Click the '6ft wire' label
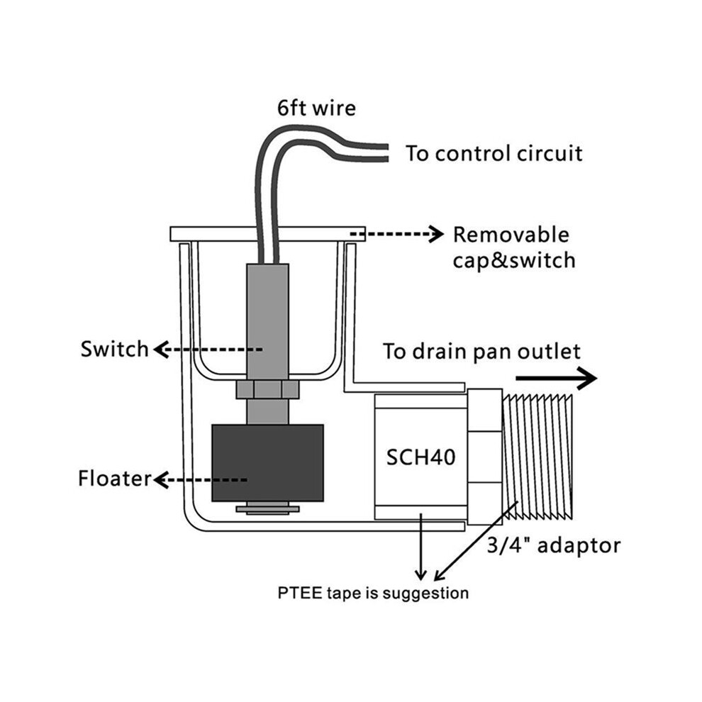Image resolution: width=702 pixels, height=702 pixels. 316,108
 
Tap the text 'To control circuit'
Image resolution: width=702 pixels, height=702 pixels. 494,153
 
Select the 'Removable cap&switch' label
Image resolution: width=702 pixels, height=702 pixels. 513,247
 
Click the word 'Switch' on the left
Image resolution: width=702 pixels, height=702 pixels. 114,349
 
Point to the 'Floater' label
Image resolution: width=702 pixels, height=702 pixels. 115,479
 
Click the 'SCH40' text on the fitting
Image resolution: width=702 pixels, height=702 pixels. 420,457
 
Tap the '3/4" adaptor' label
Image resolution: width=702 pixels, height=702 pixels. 554,546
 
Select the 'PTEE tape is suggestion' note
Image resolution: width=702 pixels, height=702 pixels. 373,594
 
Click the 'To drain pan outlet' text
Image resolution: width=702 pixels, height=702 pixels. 481,352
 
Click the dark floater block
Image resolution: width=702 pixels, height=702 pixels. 267,463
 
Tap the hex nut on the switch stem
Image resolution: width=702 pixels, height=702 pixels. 267,389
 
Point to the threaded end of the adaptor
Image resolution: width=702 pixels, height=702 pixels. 537,457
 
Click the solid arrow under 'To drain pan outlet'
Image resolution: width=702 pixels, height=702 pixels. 556,379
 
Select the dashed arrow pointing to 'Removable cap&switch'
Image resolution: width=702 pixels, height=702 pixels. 396,234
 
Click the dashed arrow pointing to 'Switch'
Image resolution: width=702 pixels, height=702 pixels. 208,349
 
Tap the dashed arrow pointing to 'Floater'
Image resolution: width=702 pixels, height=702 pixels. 200,480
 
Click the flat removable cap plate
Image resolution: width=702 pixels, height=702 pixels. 267,234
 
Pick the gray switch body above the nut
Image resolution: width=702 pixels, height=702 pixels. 267,323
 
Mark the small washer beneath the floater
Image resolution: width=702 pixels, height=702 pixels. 267,509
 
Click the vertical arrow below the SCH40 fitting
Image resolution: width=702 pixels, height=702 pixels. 420,547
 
